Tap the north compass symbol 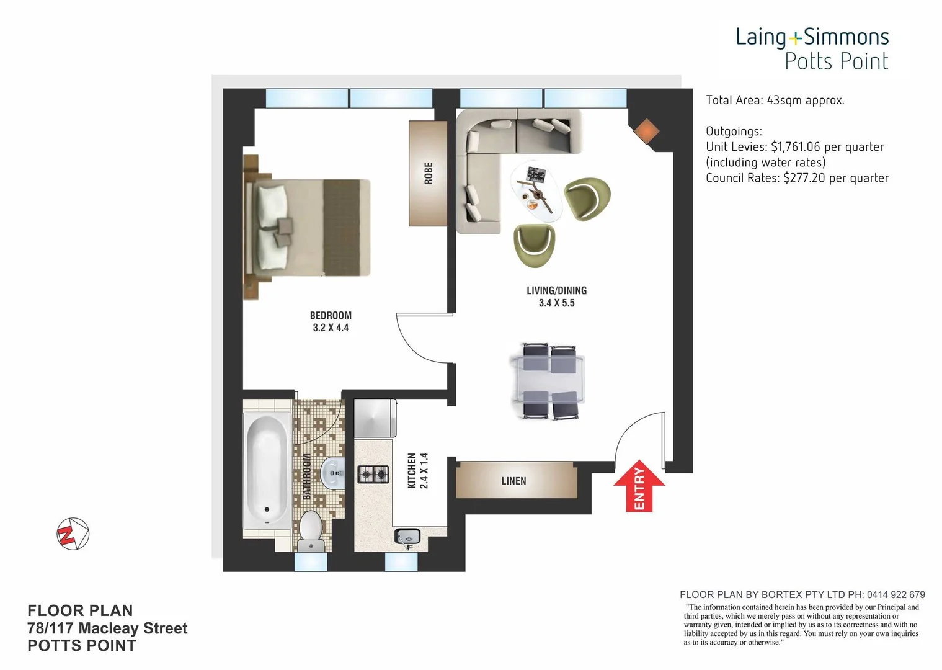coord(73,534)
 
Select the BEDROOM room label coord(331,315)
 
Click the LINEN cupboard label coord(513,481)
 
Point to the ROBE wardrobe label coord(428,173)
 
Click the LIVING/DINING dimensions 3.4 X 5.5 coord(556,303)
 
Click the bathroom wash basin coord(333,473)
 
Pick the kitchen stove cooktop coord(373,475)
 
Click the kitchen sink coord(407,537)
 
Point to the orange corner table coord(646,131)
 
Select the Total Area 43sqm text coord(775,100)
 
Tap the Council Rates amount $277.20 coord(804,178)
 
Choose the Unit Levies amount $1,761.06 coord(795,147)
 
